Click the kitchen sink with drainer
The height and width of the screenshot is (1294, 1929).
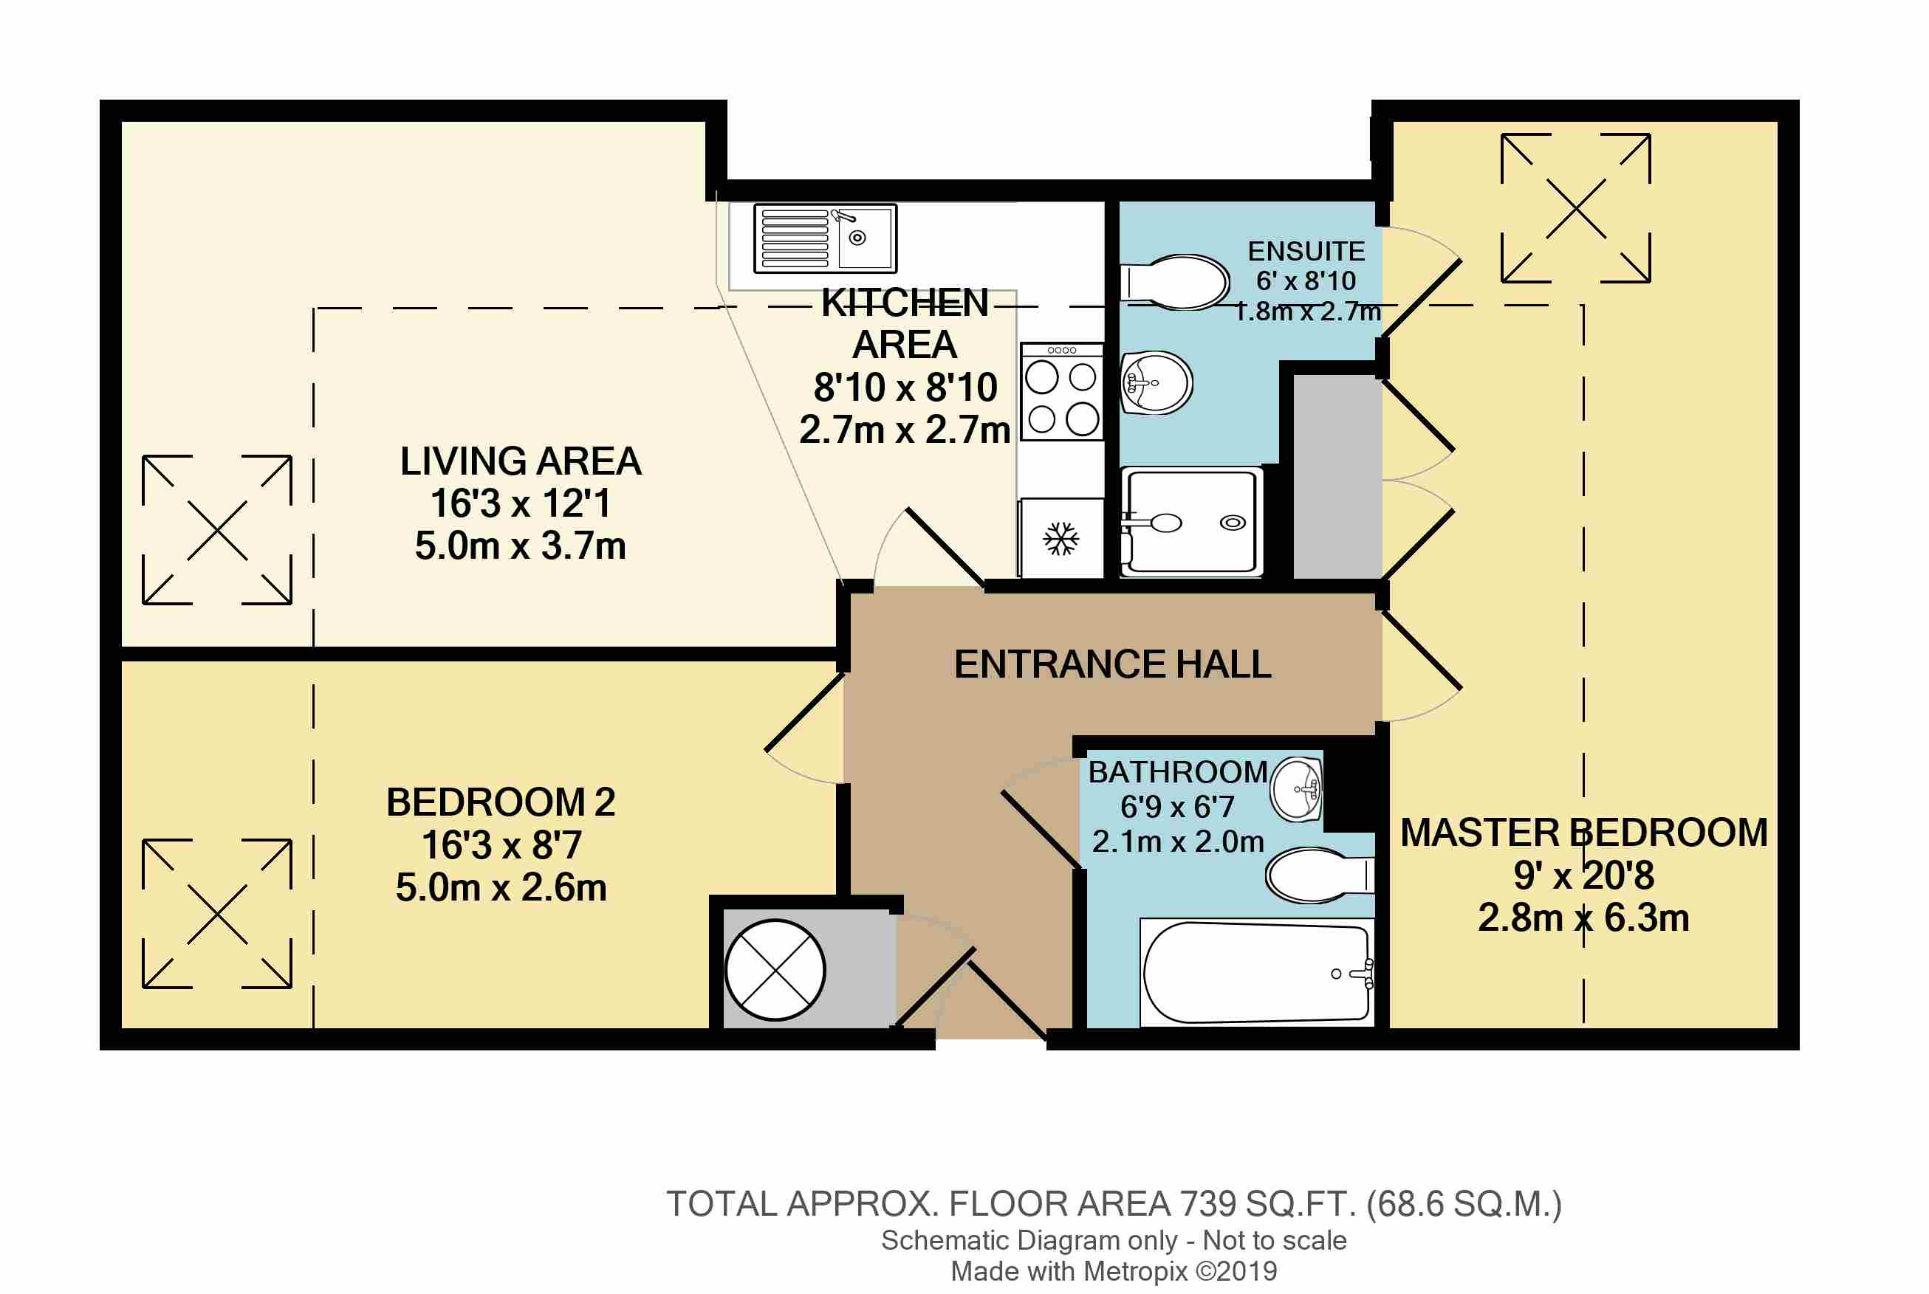point(825,238)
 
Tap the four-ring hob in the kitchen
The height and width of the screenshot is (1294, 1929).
point(1061,392)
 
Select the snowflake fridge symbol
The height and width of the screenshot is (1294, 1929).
point(1061,539)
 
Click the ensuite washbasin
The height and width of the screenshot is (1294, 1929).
point(1157,383)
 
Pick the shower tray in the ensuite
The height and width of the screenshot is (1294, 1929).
point(1191,522)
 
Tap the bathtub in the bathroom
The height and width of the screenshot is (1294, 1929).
point(1257,973)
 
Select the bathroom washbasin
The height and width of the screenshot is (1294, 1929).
point(1297,790)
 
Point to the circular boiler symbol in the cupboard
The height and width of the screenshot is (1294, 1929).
point(775,971)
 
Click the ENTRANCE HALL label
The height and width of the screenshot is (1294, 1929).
point(1113,664)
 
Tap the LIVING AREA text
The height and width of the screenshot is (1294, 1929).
point(521,461)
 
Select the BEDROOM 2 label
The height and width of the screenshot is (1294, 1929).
point(501,802)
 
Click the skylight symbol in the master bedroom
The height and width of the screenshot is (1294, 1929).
point(1576,208)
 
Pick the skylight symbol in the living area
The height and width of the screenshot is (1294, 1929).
point(217,530)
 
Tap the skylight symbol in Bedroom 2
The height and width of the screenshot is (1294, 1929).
point(217,914)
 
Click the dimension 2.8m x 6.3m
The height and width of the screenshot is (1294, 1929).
point(1583,918)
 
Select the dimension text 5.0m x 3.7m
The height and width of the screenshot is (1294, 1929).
point(520,546)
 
